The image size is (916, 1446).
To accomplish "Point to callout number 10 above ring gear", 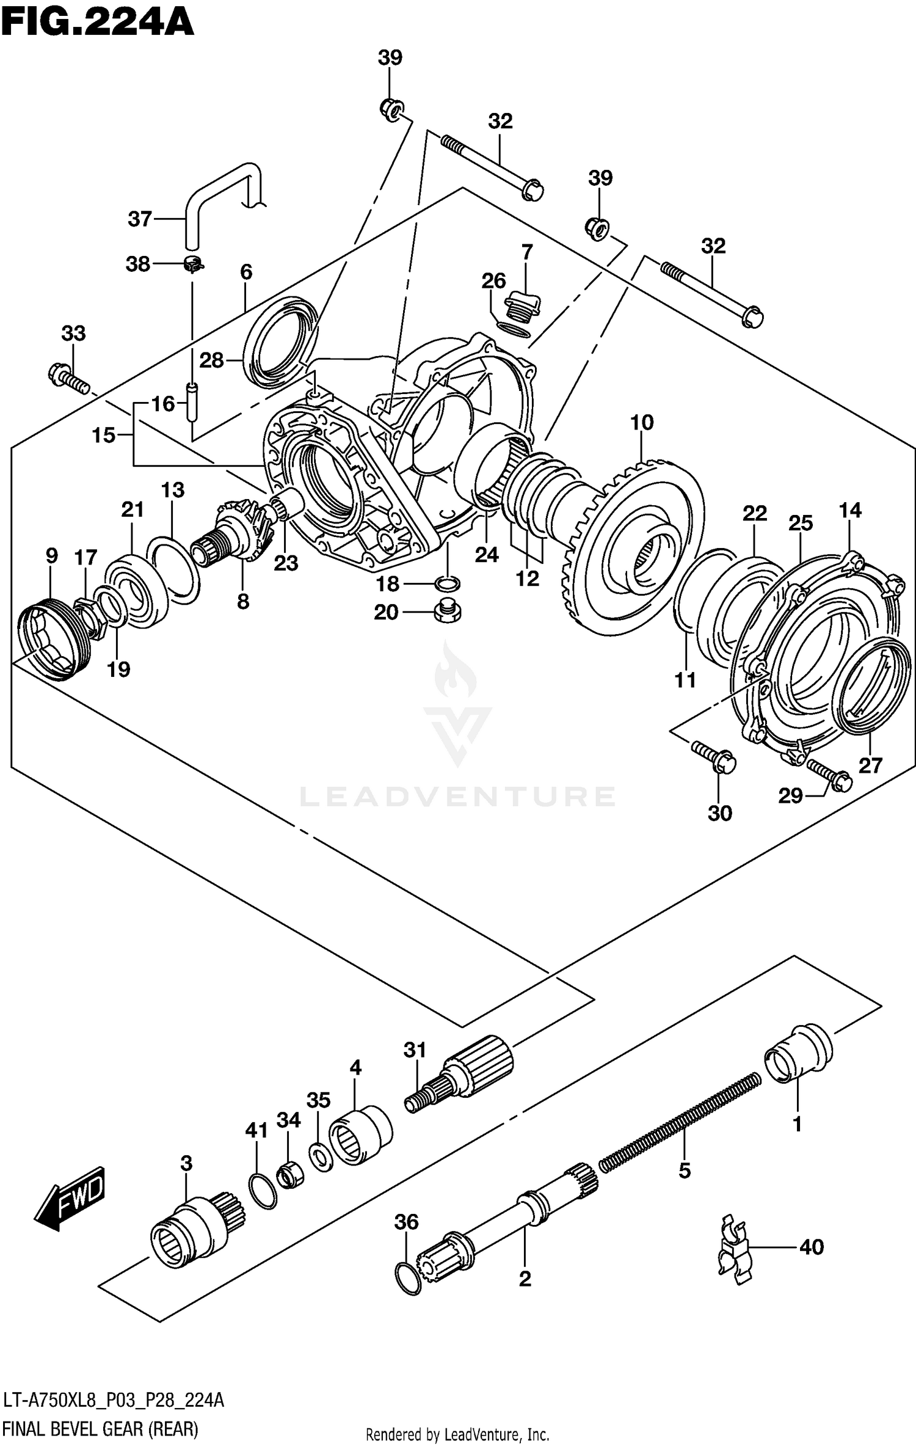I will coord(642,422).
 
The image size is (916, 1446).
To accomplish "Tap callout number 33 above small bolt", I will coord(73,334).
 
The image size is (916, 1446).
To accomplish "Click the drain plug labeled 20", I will coord(448,612).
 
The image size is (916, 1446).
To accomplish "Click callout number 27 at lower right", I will coord(870,765).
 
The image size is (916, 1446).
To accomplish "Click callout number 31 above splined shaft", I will coord(415,1050).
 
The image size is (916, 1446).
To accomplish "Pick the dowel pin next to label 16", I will coord(192,401).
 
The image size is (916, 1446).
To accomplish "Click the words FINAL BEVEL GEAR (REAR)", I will coord(101,1429).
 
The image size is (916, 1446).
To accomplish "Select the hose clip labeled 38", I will coord(194,265).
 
